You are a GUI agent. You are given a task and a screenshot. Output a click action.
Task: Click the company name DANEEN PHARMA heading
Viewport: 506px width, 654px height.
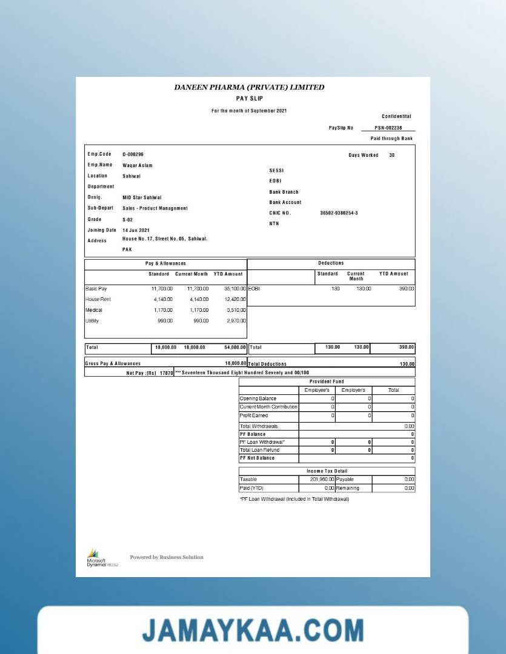click(x=249, y=87)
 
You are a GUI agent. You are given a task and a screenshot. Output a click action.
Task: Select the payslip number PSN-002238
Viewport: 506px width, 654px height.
click(x=388, y=128)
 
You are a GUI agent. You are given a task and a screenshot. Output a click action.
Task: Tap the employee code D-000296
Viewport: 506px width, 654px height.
click(x=133, y=154)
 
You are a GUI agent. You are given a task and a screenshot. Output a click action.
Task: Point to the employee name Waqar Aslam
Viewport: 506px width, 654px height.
click(x=138, y=165)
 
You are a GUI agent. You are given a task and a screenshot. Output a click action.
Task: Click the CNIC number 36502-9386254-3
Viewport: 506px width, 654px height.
click(x=339, y=213)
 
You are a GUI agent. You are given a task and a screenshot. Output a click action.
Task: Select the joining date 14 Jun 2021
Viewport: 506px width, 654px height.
click(x=136, y=230)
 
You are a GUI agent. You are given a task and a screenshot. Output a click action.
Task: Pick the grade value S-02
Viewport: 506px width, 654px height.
click(x=127, y=220)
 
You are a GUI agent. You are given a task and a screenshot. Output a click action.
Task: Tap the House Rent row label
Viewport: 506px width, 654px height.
click(x=98, y=300)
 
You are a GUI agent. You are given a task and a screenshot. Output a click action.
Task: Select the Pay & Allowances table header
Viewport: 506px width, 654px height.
click(x=165, y=263)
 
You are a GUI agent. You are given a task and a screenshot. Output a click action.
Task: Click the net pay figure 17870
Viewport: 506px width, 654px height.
click(x=166, y=373)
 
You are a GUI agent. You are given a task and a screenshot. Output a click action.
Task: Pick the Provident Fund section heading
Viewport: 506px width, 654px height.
click(x=327, y=381)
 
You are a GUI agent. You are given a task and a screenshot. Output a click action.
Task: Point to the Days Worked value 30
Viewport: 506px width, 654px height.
click(x=391, y=156)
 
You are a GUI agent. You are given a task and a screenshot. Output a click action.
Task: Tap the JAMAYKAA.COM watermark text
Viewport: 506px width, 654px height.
click(x=253, y=630)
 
